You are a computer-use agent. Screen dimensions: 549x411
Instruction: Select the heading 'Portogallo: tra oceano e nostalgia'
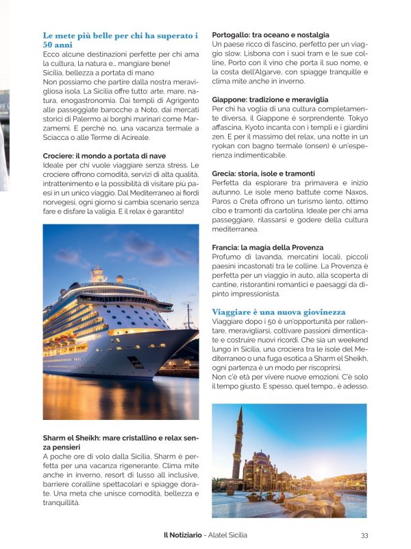pyautogui.click(x=271, y=34)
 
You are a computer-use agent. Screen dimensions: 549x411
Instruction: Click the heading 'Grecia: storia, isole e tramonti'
pyautogui.click(x=263, y=174)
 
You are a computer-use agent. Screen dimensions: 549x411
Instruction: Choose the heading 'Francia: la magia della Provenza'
pyautogui.click(x=267, y=248)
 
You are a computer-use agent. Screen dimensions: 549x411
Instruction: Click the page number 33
pyautogui.click(x=364, y=535)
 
